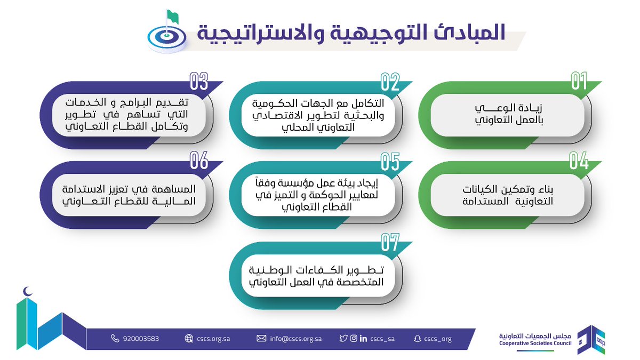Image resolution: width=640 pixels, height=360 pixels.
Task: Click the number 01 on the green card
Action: click(x=579, y=82)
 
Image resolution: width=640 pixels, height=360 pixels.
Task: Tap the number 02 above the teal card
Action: click(x=390, y=82)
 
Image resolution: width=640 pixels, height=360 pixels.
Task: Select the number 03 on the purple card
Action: click(x=198, y=82)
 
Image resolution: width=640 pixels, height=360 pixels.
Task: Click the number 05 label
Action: click(x=390, y=161)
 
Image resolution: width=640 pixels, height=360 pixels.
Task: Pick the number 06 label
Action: click(x=198, y=161)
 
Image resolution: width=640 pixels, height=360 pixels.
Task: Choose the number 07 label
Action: click(x=390, y=242)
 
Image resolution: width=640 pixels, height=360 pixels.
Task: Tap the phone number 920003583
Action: click(x=140, y=339)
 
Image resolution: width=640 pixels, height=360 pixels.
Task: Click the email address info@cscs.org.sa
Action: click(x=295, y=339)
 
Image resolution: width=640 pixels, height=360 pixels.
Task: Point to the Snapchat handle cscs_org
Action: click(x=436, y=339)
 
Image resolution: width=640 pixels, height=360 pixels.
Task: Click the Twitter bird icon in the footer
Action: click(x=343, y=339)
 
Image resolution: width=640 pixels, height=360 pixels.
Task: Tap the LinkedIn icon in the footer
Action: click(x=363, y=339)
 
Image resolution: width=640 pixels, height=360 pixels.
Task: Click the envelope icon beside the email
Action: click(x=261, y=339)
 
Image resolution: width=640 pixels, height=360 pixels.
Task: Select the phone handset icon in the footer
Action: click(x=115, y=339)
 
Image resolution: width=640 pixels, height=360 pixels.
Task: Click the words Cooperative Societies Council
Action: click(x=535, y=343)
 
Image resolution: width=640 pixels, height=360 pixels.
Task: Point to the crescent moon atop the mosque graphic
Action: click(x=28, y=292)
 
